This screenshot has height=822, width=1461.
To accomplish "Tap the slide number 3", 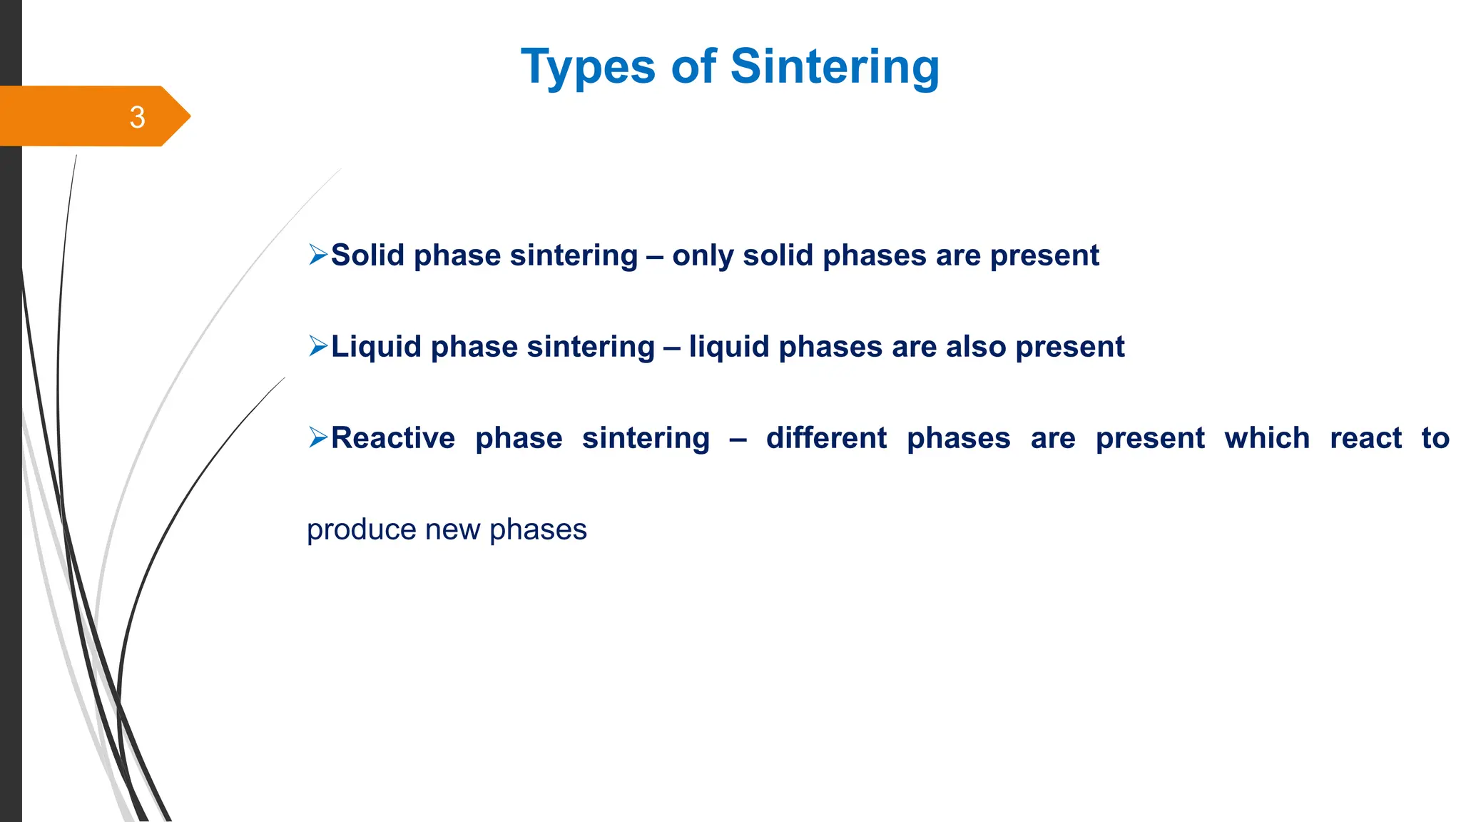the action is pos(138,117).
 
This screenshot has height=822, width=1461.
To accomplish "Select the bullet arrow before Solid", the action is pos(317,255).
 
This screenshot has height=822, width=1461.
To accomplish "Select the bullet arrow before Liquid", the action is pos(317,346).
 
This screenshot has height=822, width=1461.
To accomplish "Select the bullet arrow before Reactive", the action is pos(317,437).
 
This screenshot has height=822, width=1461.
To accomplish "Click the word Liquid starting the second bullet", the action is pos(376,347).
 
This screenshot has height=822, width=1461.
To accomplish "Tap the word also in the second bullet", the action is pos(976,347).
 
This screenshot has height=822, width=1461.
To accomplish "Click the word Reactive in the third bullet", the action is pos(393,437).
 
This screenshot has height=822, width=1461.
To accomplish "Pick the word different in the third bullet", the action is pos(826,437).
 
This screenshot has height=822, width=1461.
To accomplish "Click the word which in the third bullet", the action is pos(1267,437).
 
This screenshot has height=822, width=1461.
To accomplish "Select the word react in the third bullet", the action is pos(1365,438).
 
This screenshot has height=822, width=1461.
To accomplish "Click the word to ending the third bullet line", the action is pos(1435,438).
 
